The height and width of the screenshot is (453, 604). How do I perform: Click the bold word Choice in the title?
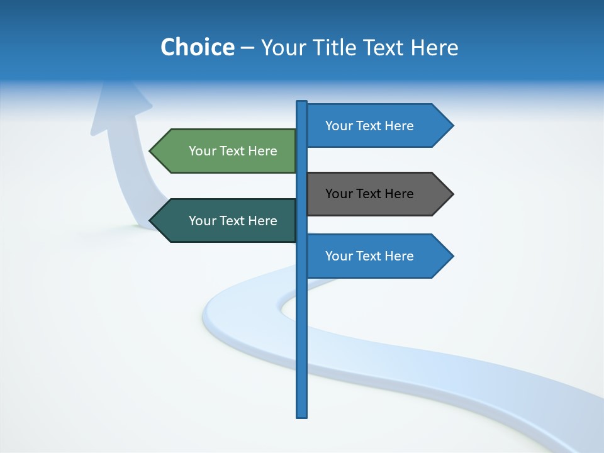click(x=197, y=47)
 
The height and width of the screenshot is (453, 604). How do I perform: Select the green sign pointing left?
click(x=226, y=151)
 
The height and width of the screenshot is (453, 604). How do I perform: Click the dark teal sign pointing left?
click(x=226, y=221)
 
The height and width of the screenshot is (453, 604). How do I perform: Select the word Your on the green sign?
click(x=202, y=151)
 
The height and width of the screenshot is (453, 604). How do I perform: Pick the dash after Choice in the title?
click(x=247, y=48)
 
